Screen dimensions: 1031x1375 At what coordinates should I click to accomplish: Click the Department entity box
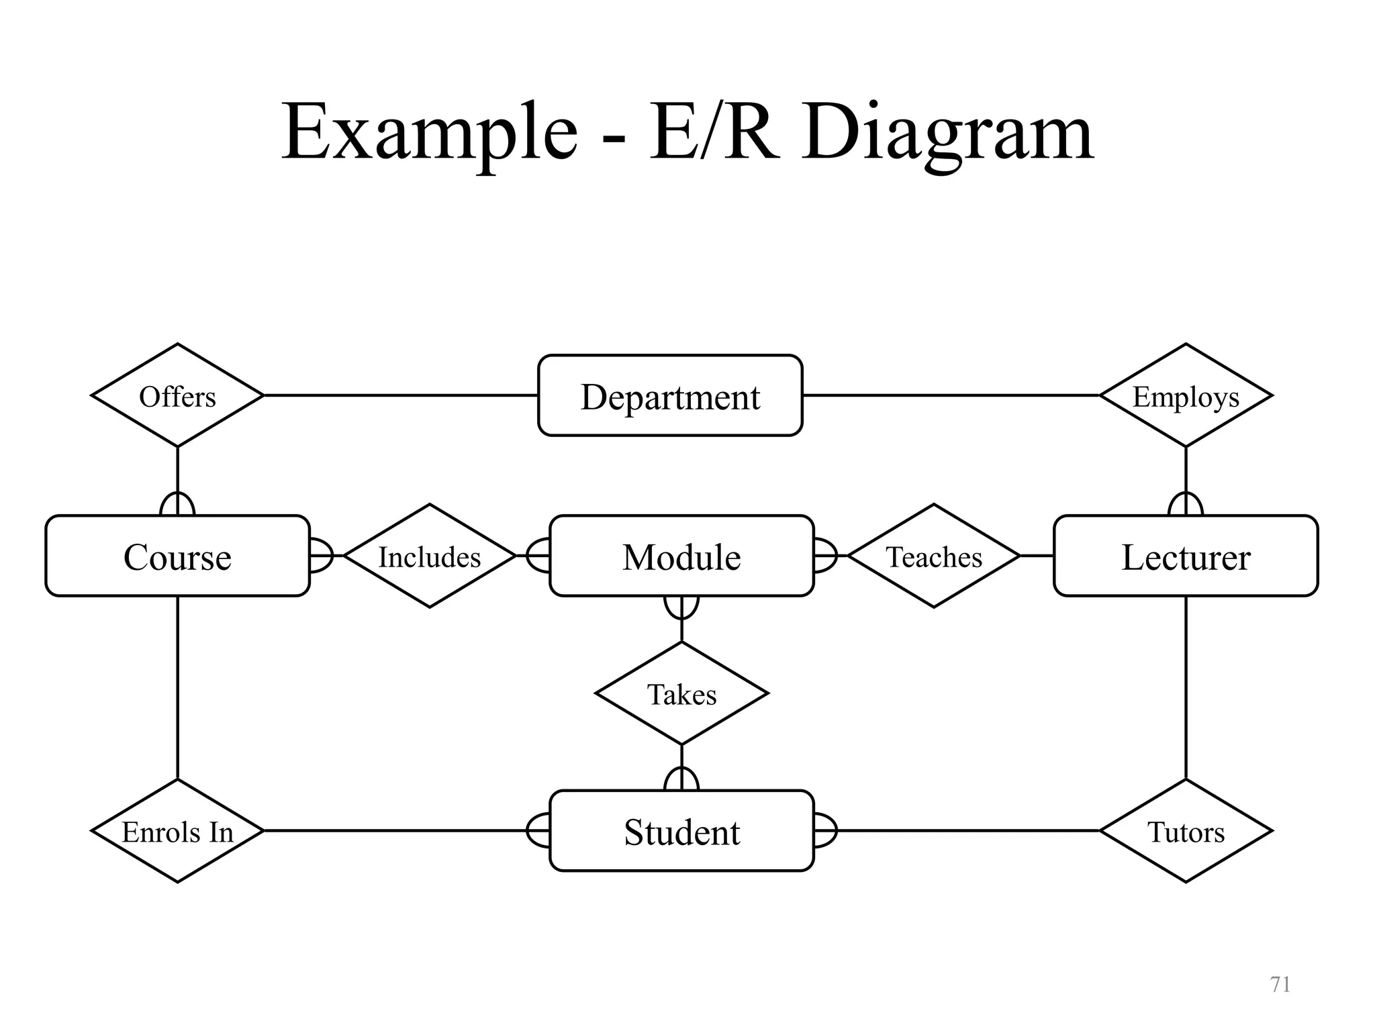point(670,396)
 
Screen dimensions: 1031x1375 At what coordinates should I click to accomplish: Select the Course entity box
point(177,556)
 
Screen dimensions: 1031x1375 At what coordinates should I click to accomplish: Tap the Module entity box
point(681,556)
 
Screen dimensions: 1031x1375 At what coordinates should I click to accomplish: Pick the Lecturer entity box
point(1186,556)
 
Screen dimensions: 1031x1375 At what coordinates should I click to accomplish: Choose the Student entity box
point(681,831)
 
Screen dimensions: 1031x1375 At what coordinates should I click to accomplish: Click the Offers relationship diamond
point(177,396)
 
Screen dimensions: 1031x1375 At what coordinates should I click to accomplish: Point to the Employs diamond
point(1186,396)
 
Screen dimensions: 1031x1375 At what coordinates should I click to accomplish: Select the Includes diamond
point(430,556)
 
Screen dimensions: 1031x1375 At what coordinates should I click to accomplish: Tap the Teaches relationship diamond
point(934,556)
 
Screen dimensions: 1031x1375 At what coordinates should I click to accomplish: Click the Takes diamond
point(681,693)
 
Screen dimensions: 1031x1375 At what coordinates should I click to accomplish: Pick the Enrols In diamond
point(177,831)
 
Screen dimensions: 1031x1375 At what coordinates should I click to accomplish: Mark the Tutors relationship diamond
point(1186,831)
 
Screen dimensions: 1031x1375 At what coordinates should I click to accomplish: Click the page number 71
point(1280,984)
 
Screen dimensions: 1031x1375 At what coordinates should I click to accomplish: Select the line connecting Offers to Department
point(401,395)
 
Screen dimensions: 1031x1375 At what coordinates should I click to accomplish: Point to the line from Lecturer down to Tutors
point(1186,688)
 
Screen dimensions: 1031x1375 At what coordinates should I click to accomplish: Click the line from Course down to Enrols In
point(177,688)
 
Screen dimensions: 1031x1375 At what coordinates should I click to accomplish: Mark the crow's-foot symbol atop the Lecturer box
point(1186,504)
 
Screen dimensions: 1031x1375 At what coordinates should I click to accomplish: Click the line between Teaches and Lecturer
point(1037,556)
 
